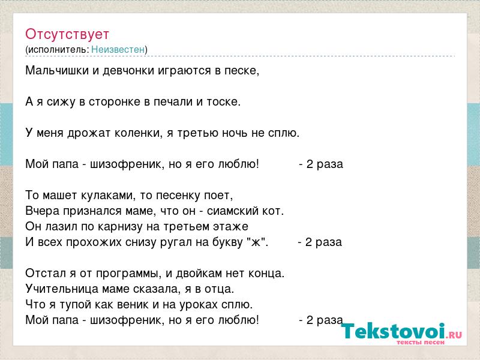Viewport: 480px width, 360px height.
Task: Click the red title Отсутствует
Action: click(x=67, y=34)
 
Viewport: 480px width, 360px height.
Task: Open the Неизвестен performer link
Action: click(x=118, y=49)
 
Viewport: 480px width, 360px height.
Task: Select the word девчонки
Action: click(x=128, y=71)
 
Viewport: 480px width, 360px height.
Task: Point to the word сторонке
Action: click(x=115, y=102)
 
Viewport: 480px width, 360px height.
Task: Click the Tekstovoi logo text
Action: click(x=393, y=331)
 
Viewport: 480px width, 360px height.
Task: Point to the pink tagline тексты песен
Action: click(x=421, y=342)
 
